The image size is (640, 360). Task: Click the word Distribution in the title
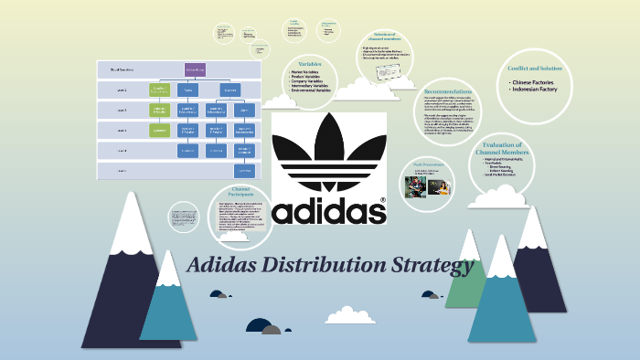[x=334, y=266]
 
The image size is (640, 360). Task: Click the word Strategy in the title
[x=435, y=266]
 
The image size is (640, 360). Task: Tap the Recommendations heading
[x=448, y=92]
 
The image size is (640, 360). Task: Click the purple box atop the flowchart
[x=196, y=69]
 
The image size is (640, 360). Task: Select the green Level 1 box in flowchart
[x=160, y=90]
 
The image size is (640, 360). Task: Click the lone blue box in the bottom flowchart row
[x=244, y=170]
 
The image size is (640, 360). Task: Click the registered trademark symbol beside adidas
[x=381, y=198]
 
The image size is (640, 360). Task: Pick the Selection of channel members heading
[x=386, y=37]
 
